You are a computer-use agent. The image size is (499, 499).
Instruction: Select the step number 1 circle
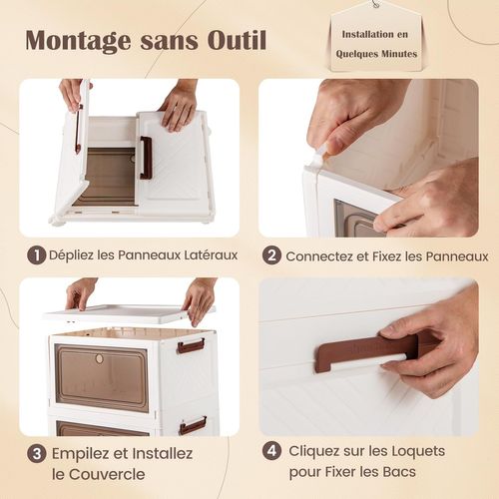36,255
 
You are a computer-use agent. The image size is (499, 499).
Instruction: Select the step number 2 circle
271,255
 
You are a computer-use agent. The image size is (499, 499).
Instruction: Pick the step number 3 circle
36,452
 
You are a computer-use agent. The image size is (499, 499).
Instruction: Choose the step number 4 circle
271,450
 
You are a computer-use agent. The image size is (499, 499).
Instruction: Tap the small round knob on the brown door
99,358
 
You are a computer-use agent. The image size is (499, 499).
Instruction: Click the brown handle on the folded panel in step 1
146,158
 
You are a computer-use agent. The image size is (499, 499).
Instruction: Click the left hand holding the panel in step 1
71,94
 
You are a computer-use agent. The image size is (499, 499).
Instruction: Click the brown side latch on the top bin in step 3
191,345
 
